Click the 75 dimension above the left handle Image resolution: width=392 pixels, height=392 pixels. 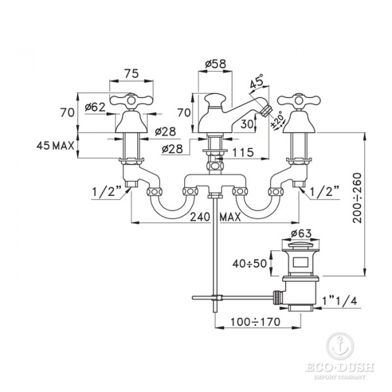tap(131, 73)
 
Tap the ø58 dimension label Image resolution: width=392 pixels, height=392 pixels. tap(215, 64)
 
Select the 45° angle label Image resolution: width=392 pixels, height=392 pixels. tap(257, 81)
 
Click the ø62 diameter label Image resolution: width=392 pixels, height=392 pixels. tap(95, 108)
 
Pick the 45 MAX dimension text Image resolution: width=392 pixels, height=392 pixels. tap(56, 146)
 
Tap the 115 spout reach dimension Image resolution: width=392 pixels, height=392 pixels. tap(243, 152)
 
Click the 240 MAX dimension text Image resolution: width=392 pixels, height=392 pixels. tap(215, 217)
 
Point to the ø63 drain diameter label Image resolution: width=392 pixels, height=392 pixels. tap(301, 233)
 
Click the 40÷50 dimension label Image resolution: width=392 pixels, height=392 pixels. tap(250, 263)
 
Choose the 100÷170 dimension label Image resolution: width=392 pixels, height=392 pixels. tap(255, 322)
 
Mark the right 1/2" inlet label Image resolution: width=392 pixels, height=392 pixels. tap(325, 191)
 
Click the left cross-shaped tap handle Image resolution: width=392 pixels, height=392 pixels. tap(131, 100)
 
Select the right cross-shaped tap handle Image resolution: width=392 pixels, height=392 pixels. tap(299, 101)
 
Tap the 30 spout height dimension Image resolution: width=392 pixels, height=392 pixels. tap(247, 123)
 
